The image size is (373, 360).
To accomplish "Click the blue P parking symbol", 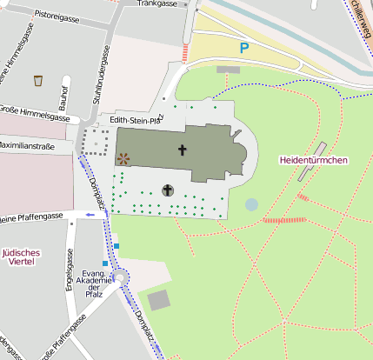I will coord(244,49).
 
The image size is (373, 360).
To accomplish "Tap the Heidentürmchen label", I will coord(313,160).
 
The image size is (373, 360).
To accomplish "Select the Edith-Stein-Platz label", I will coord(137,120).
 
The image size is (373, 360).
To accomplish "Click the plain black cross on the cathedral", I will coord(183,150).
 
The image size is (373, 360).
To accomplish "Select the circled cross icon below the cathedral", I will coord(167,190).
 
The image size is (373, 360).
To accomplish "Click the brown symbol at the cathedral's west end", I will coord(123,158).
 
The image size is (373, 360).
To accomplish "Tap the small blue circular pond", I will coord(251,204).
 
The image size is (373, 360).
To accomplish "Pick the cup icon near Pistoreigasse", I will coord(38,81).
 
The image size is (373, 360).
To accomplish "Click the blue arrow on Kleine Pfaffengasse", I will coord(90,214).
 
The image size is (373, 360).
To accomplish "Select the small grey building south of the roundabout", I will coord(158,301).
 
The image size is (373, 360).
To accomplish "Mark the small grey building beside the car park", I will coord(228,69).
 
